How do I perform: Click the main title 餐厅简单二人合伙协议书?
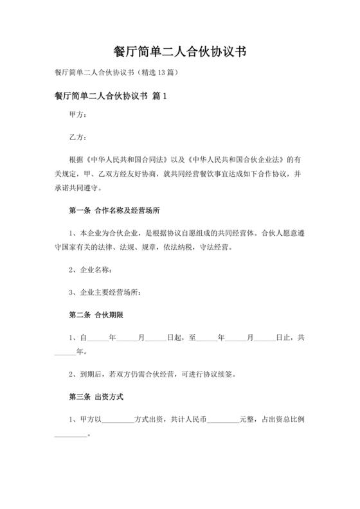(180, 51)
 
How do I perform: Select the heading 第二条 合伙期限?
(96, 315)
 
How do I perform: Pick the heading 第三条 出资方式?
(96, 397)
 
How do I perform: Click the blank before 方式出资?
(118, 419)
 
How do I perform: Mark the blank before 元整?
(224, 419)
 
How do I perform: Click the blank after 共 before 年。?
(64, 353)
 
